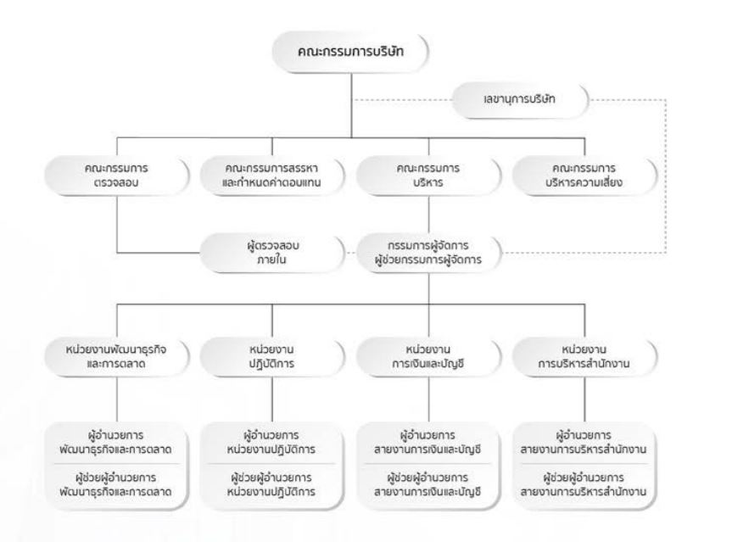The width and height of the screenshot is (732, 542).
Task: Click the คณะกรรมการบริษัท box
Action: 350,52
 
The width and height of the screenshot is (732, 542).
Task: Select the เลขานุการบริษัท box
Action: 520,99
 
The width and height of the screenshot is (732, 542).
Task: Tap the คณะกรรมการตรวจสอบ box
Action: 117,176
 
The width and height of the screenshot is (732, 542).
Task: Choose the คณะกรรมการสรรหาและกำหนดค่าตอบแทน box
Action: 272,176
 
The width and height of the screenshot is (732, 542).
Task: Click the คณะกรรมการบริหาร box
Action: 428,176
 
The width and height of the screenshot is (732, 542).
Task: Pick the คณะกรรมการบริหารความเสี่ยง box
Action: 584,176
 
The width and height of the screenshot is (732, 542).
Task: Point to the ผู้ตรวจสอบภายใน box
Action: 272,253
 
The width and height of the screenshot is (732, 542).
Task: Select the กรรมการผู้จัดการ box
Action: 428,253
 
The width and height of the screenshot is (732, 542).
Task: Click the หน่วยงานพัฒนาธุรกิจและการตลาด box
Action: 117,356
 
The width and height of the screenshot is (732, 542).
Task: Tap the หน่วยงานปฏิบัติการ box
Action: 272,356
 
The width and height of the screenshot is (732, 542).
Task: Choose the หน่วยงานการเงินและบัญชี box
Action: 428,356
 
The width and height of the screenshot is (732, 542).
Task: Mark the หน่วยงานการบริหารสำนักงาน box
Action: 584,356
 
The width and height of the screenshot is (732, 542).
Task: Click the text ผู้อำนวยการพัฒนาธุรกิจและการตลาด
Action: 115,443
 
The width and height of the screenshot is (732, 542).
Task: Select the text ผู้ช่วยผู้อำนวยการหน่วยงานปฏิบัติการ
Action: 271,485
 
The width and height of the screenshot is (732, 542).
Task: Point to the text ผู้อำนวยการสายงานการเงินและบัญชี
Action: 427,443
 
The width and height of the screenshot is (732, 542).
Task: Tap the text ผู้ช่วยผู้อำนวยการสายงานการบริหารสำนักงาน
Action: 584,485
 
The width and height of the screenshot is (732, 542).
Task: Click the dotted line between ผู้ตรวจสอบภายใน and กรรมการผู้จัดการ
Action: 350,253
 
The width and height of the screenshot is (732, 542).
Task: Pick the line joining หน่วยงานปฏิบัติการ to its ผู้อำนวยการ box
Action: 272,400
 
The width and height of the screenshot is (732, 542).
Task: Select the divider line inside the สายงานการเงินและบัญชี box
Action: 428,464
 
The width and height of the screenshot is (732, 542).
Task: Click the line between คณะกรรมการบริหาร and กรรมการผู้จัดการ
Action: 428,215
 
